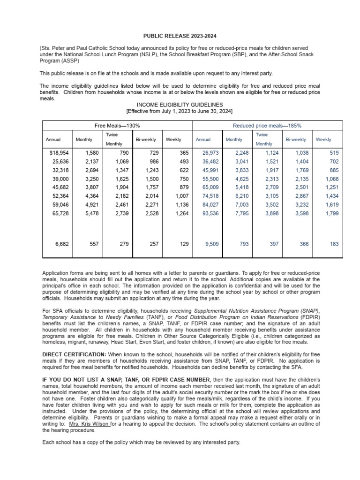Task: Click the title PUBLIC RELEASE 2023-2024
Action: (x=180, y=36)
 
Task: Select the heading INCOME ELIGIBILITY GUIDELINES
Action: (x=180, y=105)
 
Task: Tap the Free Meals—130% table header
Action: (x=117, y=126)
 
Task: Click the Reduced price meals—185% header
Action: (x=267, y=126)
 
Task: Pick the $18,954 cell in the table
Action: (x=59, y=153)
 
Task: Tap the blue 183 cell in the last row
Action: (x=334, y=244)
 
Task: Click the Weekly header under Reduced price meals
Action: (x=323, y=139)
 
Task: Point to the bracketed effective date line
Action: (x=180, y=111)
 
